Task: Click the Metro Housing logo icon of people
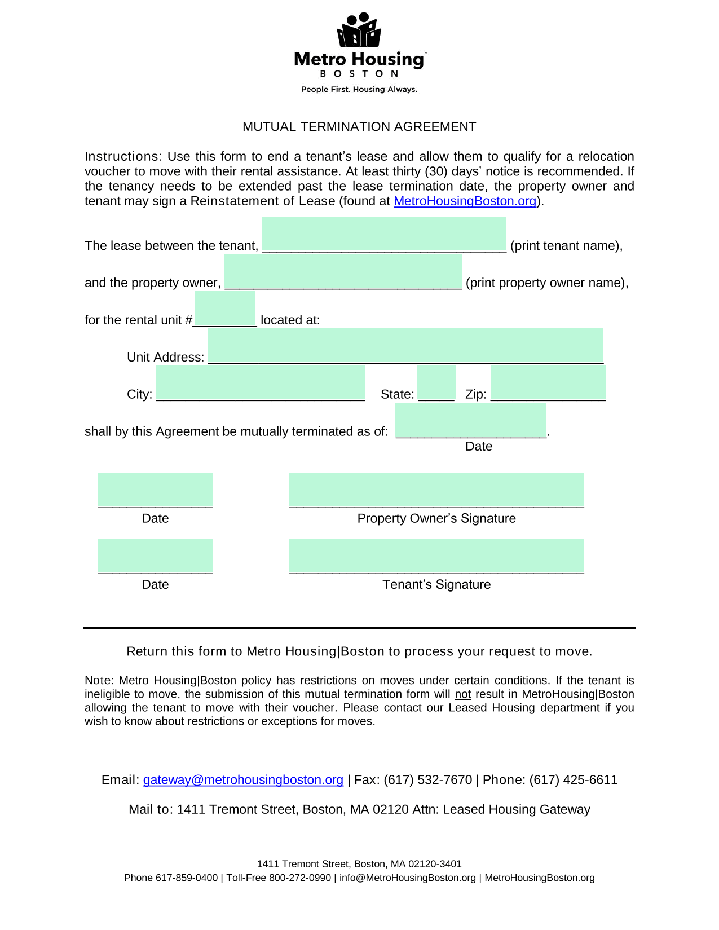pyautogui.click(x=359, y=30)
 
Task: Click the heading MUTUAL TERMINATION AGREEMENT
pyautogui.click(x=359, y=126)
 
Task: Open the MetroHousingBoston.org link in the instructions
pyautogui.click(x=465, y=201)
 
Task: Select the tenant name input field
pyautogui.click(x=384, y=235)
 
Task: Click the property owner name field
pyautogui.click(x=343, y=272)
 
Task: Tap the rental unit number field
pyautogui.click(x=225, y=309)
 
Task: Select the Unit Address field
pyautogui.click(x=405, y=346)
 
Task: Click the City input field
pyautogui.click(x=261, y=384)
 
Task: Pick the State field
pyautogui.click(x=436, y=384)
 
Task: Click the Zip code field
pyautogui.click(x=548, y=384)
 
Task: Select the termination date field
pyautogui.click(x=471, y=421)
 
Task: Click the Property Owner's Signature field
pyautogui.click(x=436, y=490)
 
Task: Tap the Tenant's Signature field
pyautogui.click(x=436, y=556)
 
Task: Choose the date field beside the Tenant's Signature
pyautogui.click(x=155, y=556)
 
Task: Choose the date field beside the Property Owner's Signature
pyautogui.click(x=155, y=490)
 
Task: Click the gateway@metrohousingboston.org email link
pyautogui.click(x=243, y=780)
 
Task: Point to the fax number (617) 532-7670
pyautogui.click(x=427, y=780)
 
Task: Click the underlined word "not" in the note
pyautogui.click(x=462, y=694)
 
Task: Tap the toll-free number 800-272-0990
pyautogui.click(x=300, y=878)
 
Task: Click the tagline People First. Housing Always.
pyautogui.click(x=359, y=90)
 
